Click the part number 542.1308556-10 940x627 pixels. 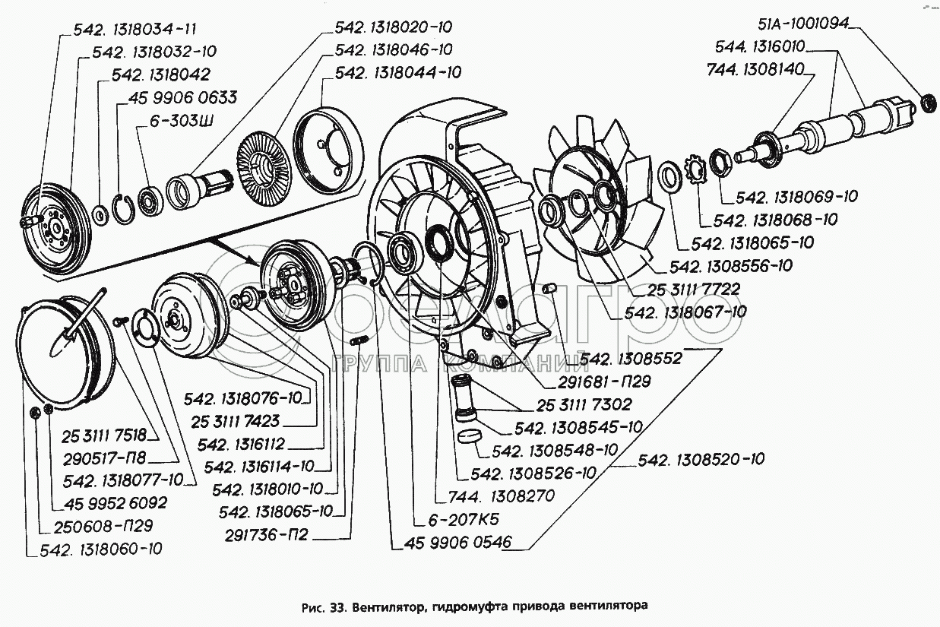tap(731, 266)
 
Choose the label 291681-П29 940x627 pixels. tap(603, 381)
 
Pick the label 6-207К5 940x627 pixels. tap(457, 521)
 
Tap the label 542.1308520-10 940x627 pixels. tap(701, 459)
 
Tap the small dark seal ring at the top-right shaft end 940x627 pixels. tap(928, 102)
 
